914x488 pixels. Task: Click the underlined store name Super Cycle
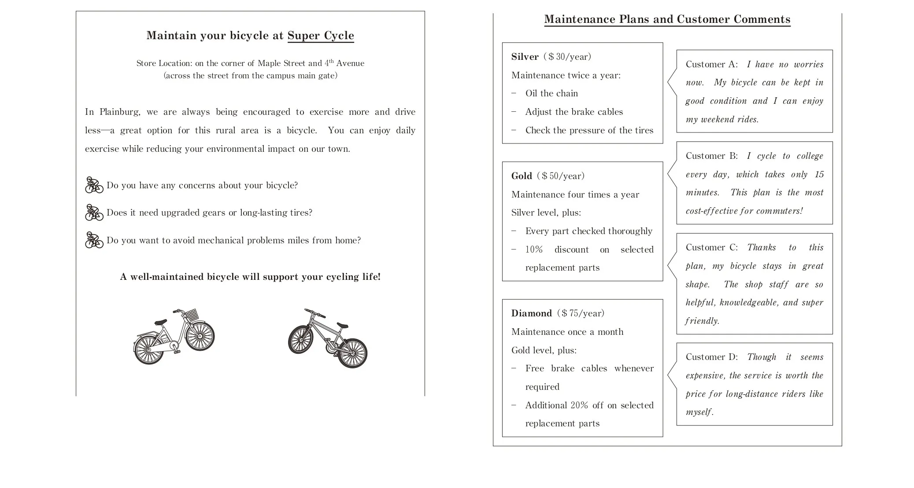321,36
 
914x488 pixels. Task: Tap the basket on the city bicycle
191,315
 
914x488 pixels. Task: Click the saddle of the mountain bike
342,325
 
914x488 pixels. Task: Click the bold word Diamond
531,313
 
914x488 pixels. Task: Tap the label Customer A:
711,64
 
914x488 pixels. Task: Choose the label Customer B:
711,156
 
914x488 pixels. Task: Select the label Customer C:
711,247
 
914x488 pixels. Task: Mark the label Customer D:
711,357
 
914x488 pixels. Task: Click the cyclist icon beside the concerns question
94,185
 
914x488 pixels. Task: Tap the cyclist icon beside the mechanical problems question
94,240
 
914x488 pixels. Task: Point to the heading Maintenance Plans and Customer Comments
667,19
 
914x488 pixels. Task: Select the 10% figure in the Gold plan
534,250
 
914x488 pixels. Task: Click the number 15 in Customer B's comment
819,174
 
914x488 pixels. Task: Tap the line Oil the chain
551,93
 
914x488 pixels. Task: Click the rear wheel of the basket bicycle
148,349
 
